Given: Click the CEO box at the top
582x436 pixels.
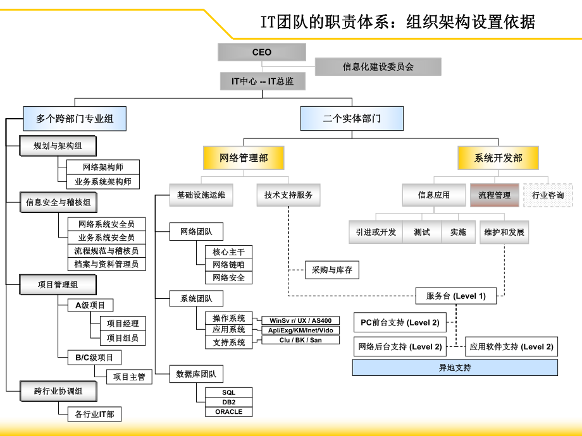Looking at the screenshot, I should (261, 52).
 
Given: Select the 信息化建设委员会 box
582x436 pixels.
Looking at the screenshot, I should (378, 66).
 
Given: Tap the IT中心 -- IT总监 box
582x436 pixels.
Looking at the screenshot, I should (261, 82).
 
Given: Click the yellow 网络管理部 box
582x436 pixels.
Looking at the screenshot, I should (244, 158).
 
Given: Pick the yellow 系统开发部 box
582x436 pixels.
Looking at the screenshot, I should (498, 158).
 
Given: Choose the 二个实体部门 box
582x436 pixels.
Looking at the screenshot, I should (352, 118).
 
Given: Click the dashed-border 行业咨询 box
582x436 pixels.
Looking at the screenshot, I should (548, 195).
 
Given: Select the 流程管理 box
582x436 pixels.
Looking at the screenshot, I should (494, 195).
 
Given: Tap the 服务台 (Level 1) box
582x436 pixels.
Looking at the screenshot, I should (455, 296).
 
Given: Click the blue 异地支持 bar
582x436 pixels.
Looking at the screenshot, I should (455, 367).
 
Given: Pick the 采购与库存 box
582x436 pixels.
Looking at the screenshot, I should (331, 270).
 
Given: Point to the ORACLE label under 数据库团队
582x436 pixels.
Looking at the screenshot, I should (228, 411).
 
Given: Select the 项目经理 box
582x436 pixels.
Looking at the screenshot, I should (123, 324).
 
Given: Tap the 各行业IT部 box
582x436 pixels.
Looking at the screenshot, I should (94, 415).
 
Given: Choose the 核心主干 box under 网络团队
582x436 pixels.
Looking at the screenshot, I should (228, 251).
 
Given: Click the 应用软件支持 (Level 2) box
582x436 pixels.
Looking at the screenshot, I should (512, 346).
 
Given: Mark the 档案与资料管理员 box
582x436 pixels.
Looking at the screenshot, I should (106, 264).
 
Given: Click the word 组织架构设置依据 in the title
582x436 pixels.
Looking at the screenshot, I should (471, 23).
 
